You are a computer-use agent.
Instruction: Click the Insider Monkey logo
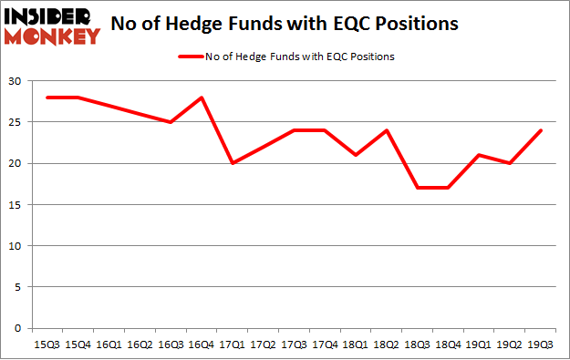point(52,26)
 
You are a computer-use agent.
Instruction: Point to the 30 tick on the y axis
point(16,81)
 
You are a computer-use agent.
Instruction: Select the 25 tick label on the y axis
point(16,122)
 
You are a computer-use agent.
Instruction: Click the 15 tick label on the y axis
point(16,205)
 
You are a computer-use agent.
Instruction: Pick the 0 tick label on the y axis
point(18,328)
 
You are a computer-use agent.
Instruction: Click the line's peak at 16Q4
point(200,98)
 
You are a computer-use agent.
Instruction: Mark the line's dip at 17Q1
point(231,163)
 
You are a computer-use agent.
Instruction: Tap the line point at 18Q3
point(418,188)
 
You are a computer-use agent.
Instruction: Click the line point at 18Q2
point(387,130)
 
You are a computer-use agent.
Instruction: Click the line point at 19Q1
point(480,155)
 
